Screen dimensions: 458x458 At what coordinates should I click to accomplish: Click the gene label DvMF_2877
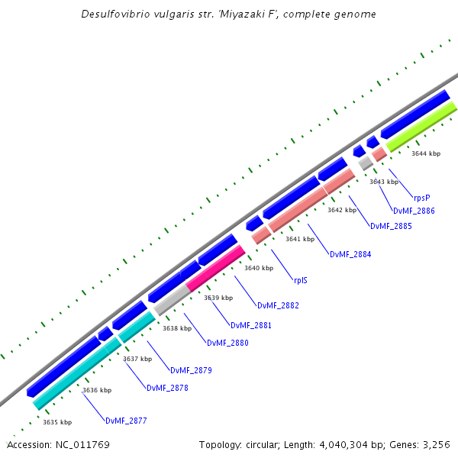126,421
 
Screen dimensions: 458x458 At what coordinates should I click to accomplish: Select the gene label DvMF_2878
166,388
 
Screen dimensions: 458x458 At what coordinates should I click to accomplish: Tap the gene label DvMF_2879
191,370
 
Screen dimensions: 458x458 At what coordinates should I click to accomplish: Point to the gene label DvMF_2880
227,343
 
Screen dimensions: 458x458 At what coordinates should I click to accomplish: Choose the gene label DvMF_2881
251,325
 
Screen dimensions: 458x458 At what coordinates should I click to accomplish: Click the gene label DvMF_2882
278,305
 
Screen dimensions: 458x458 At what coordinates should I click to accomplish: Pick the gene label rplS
301,280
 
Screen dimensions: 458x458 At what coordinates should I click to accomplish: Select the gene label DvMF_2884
350,254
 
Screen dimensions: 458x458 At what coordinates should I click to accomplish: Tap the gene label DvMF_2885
391,226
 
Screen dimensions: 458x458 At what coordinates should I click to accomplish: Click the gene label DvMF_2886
414,211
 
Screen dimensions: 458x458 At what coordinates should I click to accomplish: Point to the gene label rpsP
421,198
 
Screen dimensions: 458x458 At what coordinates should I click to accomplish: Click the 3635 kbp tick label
57,422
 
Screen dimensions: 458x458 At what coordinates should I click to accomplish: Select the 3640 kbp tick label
259,268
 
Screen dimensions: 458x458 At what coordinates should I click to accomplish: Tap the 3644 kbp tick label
426,153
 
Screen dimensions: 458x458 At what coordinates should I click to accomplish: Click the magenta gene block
215,267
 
